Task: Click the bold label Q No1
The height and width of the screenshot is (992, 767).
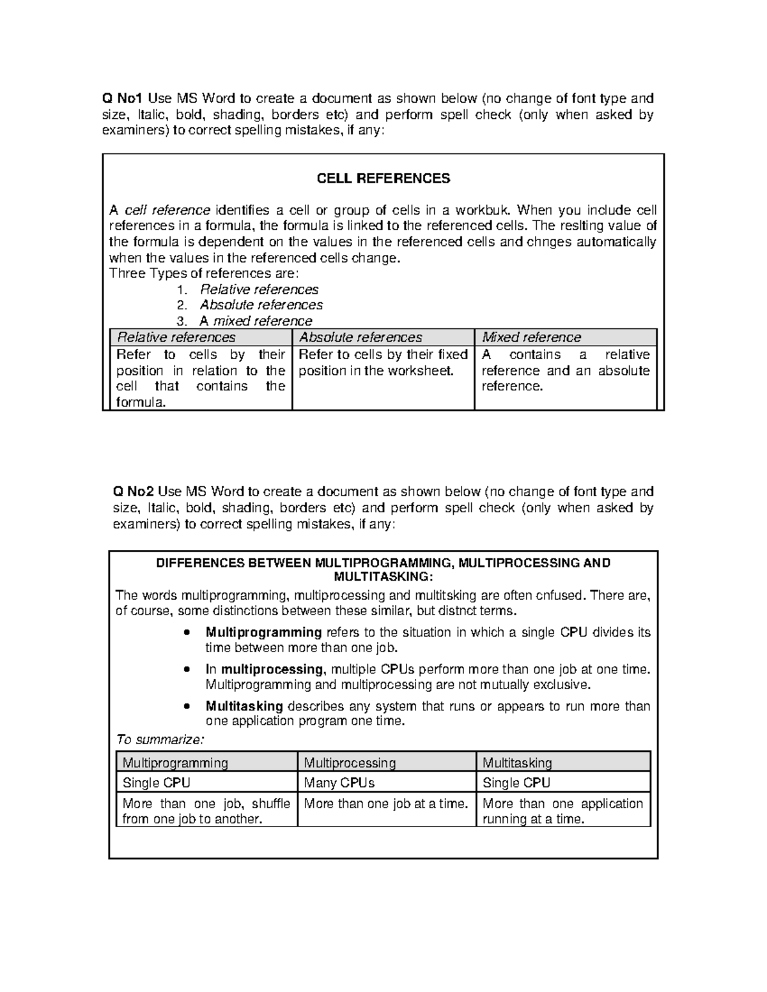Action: [123, 98]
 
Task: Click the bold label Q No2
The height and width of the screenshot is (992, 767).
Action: [133, 491]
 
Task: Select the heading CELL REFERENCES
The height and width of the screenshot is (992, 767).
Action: [383, 179]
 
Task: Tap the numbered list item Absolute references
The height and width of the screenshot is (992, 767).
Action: [261, 305]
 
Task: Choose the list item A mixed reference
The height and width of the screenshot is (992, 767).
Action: [256, 321]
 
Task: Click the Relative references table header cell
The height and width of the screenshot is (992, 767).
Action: [176, 337]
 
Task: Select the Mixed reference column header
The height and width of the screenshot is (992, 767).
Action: [531, 337]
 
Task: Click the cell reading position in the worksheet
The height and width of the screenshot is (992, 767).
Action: [376, 370]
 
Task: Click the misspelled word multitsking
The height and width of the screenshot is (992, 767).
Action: [445, 595]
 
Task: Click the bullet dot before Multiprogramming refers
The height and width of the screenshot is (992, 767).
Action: [186, 633]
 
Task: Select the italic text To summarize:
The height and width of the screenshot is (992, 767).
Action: [160, 740]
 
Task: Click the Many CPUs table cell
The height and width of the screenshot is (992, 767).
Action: [339, 783]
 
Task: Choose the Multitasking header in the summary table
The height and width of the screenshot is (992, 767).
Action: [517, 763]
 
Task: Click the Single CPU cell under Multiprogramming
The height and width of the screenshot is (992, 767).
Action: [156, 783]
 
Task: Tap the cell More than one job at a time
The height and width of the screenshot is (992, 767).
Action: [386, 804]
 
